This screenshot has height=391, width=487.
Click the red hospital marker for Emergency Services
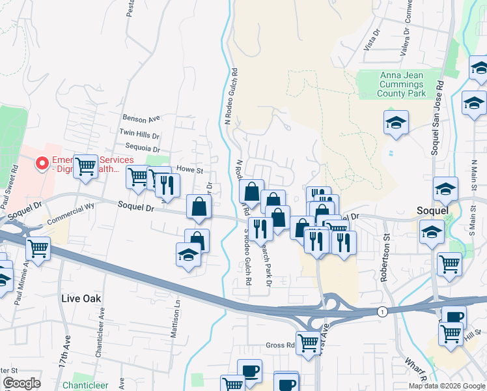[x=42, y=163]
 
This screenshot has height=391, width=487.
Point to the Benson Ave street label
[x=141, y=119]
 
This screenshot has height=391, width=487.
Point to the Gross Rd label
[x=281, y=345]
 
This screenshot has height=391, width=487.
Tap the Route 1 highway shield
[x=382, y=313]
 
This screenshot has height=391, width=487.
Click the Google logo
[x=21, y=383]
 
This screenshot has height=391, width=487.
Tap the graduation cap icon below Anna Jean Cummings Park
[x=395, y=123]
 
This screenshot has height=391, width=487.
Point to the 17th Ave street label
[x=67, y=356]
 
